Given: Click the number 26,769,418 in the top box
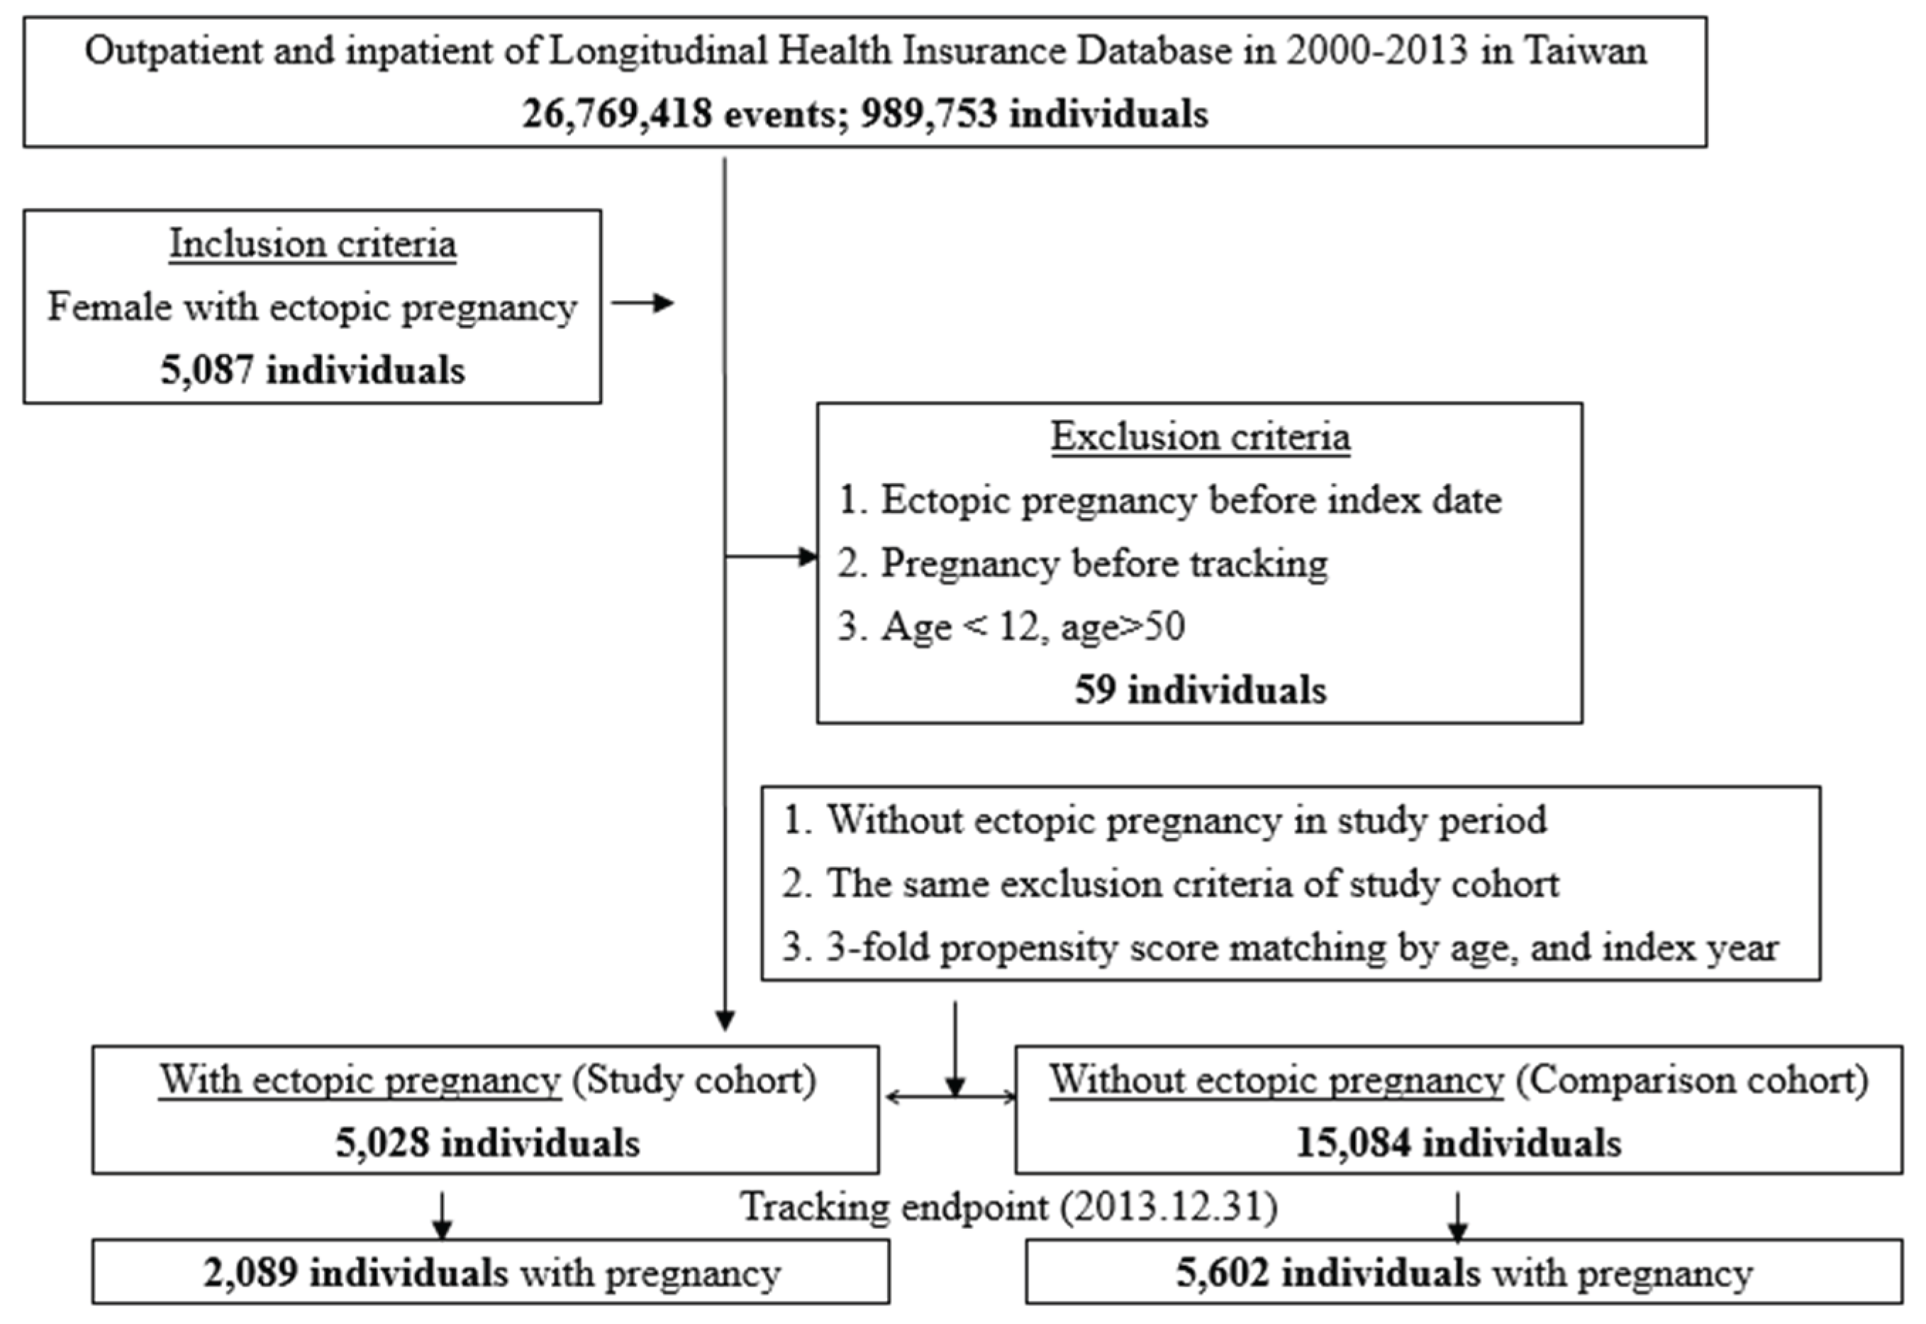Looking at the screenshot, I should pyautogui.click(x=616, y=114).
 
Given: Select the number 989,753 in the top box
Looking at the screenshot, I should pyautogui.click(x=928, y=114).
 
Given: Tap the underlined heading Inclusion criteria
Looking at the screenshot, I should pyautogui.click(x=313, y=244).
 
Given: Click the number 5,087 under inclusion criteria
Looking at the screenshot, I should pyautogui.click(x=206, y=370).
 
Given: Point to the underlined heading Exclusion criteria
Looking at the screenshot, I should pyautogui.click(x=1201, y=437).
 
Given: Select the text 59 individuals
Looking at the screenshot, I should pyautogui.click(x=1201, y=690).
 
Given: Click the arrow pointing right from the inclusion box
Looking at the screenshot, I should pyautogui.click(x=643, y=304).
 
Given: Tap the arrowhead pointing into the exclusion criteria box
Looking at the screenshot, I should pyautogui.click(x=808, y=557).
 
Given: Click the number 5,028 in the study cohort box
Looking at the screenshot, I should pyautogui.click(x=382, y=1143).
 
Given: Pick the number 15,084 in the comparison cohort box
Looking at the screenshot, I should pyautogui.click(x=1352, y=1143).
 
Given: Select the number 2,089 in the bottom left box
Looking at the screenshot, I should pyautogui.click(x=250, y=1274).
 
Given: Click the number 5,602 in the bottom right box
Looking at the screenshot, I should pyautogui.click(x=1222, y=1274).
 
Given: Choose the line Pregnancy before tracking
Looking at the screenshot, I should pyautogui.click(x=1103, y=563).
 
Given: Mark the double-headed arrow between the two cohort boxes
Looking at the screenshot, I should pyautogui.click(x=950, y=1097).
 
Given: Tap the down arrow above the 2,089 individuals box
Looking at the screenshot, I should pyautogui.click(x=442, y=1216).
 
